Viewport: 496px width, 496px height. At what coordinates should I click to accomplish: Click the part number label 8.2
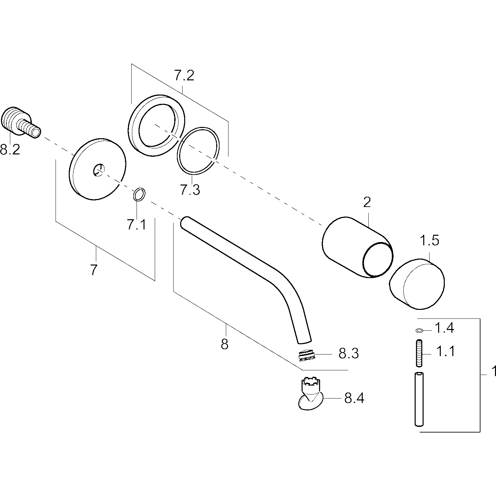[10, 149]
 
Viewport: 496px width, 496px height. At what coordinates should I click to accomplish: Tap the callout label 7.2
[184, 76]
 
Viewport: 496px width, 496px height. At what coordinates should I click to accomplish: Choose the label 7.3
[190, 189]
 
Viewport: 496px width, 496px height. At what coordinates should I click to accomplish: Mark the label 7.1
[136, 225]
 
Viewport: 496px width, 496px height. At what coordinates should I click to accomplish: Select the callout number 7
[94, 270]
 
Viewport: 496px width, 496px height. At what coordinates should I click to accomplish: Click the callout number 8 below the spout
[225, 344]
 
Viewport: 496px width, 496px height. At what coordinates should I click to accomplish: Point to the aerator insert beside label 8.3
[306, 355]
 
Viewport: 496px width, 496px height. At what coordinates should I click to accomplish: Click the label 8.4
[354, 398]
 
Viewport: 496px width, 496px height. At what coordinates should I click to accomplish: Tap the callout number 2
[367, 202]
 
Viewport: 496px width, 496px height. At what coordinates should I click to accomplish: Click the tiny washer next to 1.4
[419, 330]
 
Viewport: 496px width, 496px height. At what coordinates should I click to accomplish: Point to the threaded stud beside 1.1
[419, 353]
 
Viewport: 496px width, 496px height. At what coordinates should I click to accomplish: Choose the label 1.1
[445, 351]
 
